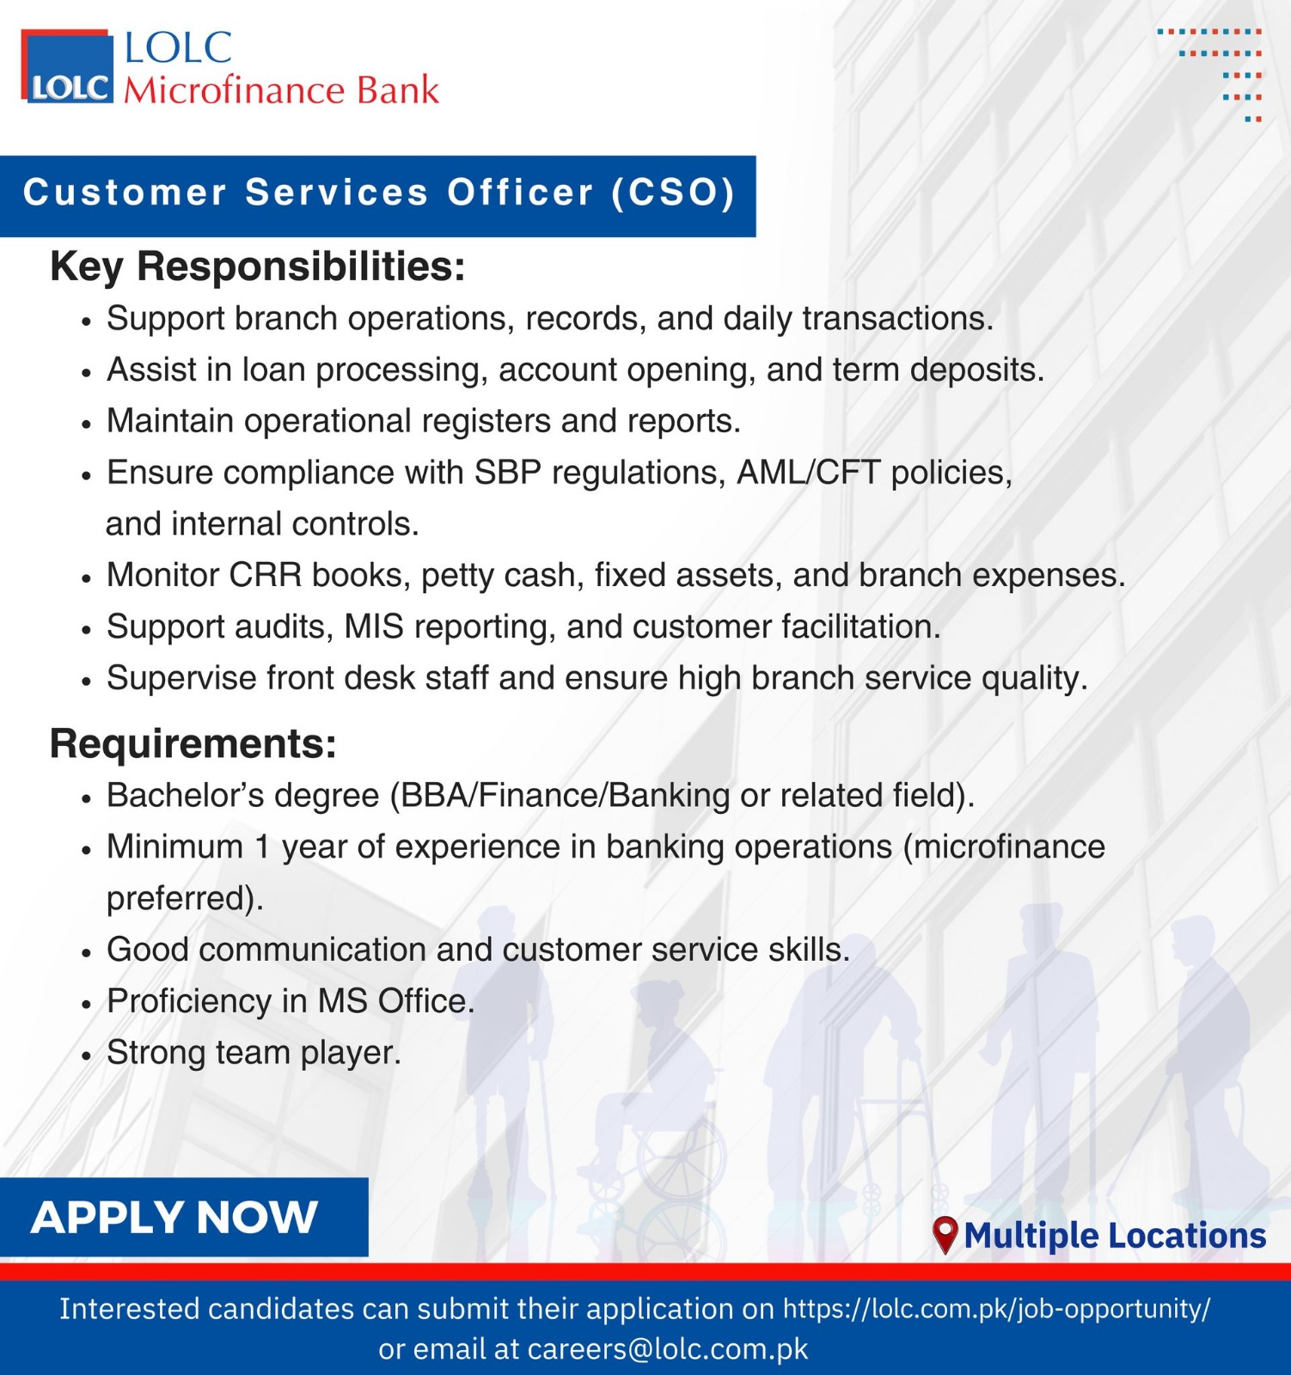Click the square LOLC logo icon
[x=67, y=66]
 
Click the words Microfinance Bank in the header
[x=281, y=90]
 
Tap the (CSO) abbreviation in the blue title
[x=673, y=192]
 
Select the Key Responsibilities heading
[x=258, y=266]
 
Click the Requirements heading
[x=193, y=743]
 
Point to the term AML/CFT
[x=809, y=472]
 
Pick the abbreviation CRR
[x=266, y=575]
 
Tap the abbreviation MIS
[x=374, y=626]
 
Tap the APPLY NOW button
[x=184, y=1217]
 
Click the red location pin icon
[x=945, y=1235]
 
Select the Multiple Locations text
[x=1115, y=1235]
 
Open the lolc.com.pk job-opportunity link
[x=996, y=1309]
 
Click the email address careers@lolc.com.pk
[x=668, y=1348]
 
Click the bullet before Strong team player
[x=86, y=1054]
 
